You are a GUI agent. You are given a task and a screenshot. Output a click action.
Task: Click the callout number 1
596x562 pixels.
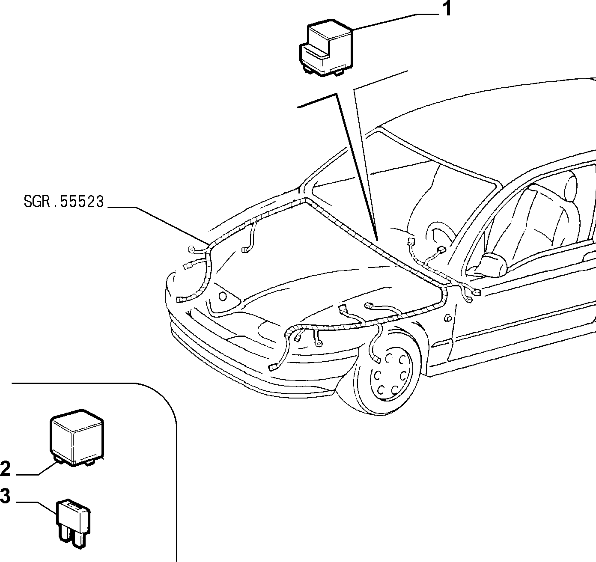coord(447,9)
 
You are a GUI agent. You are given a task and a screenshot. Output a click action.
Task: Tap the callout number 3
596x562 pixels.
coord(6,496)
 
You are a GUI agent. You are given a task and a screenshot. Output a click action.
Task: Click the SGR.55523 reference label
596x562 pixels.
coord(64,201)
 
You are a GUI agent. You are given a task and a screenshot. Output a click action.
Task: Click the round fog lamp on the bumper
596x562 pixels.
coord(223,297)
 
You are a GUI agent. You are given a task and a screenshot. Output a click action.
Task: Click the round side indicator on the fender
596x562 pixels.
coord(448,318)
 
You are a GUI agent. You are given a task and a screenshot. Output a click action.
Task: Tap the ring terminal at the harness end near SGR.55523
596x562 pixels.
coord(190,249)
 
